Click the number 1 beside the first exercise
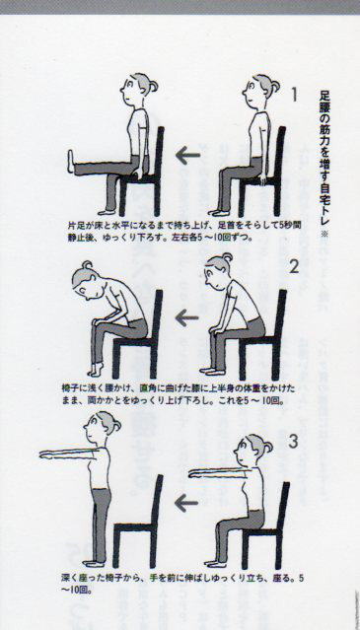point(295,95)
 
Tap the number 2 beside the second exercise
point(294,266)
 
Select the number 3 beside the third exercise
point(294,442)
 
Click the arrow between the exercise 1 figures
point(188,156)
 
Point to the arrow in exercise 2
point(186,317)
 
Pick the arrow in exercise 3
point(186,503)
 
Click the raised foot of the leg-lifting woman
point(71,162)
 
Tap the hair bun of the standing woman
point(117,425)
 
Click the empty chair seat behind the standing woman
point(134,527)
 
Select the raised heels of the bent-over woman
point(96,370)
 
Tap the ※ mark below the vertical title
point(324,234)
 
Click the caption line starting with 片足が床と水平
point(184,226)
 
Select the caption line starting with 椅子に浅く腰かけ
point(179,388)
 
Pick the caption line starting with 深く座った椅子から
point(182,578)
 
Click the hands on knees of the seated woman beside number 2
point(215,330)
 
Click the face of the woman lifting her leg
point(128,90)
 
